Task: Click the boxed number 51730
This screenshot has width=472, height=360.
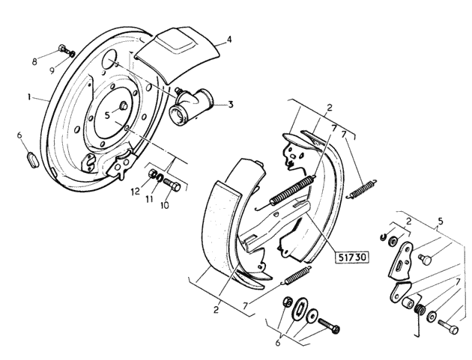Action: click(352, 257)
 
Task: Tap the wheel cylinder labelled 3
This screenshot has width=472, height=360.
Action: click(191, 105)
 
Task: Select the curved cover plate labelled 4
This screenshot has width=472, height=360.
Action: click(178, 53)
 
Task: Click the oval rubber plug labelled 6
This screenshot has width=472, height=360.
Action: click(32, 160)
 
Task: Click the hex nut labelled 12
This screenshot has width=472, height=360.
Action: click(153, 174)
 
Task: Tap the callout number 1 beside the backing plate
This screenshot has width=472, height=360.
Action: click(29, 97)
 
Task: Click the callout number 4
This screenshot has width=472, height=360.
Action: click(229, 40)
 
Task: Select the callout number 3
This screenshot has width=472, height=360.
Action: click(231, 105)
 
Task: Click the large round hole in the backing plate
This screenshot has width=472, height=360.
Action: click(109, 59)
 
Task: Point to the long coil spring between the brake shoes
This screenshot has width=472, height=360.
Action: click(292, 190)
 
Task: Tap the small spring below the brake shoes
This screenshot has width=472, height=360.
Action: click(297, 275)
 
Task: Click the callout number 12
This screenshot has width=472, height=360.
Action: click(136, 192)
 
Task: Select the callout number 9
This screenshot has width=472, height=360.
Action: click(52, 70)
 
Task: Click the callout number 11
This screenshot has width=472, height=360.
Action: click(150, 199)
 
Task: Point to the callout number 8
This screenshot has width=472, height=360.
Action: click(34, 62)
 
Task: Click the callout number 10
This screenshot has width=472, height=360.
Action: click(165, 205)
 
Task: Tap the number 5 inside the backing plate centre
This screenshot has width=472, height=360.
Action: click(107, 115)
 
